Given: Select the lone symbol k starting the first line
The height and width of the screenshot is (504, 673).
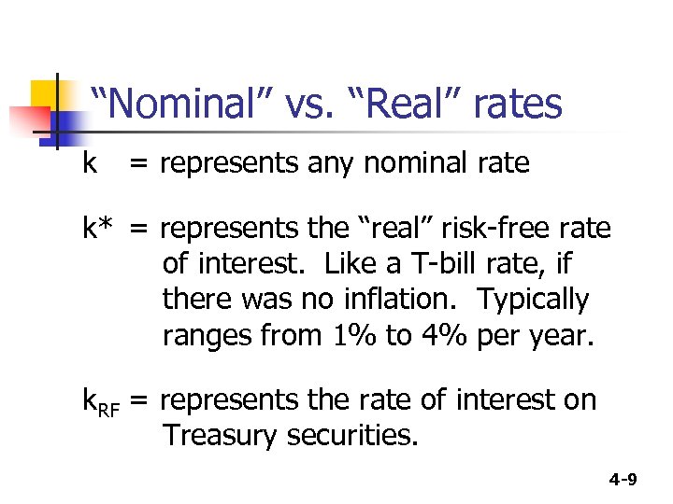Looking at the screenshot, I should [90, 163].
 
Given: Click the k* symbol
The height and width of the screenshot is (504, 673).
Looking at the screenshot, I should [99, 229].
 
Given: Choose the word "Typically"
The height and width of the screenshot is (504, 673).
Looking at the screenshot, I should [534, 301].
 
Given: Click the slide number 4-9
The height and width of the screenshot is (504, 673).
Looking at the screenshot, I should [623, 480].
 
